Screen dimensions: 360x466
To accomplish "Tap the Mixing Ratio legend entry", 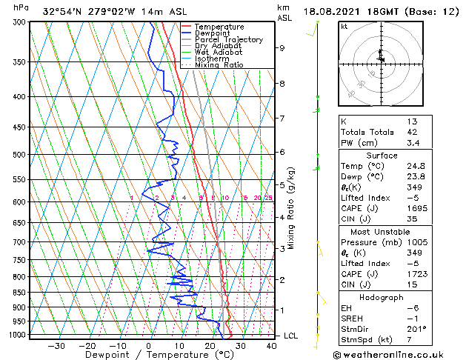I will [x=219, y=65].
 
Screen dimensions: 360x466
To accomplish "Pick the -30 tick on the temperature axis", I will [x=56, y=345].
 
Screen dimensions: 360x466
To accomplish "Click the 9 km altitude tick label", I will [x=282, y=48].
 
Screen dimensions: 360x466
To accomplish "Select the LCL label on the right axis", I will [x=291, y=336].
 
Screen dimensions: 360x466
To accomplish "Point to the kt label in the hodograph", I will [x=344, y=27].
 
